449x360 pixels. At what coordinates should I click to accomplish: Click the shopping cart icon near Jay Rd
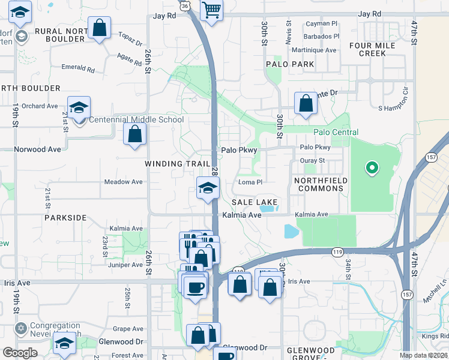[211, 10]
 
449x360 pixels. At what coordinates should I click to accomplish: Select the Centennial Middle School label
[136, 119]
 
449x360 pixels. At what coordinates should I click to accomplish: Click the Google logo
[20, 352]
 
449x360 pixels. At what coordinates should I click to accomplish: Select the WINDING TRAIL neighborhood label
[177, 164]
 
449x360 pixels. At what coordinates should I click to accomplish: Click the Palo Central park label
[336, 132]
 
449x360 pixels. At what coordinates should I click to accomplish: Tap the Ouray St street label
[312, 161]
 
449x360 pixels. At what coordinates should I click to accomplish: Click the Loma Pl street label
[250, 182]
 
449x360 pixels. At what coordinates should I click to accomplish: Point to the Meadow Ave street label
[123, 182]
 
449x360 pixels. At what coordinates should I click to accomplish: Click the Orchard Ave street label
[40, 106]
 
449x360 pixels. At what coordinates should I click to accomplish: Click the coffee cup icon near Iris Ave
[194, 286]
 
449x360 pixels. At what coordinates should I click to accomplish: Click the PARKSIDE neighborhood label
[65, 218]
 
